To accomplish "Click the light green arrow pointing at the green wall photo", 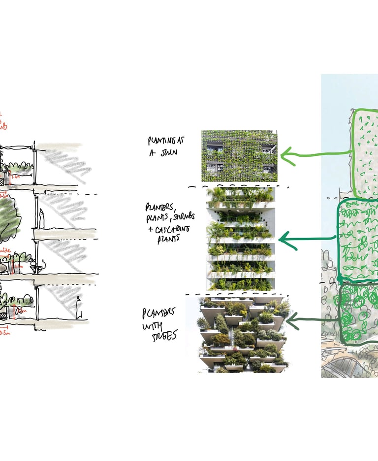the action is pos(315,155).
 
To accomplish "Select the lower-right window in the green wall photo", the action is pos(268,169).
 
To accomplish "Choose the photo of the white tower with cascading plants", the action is pos(240,238).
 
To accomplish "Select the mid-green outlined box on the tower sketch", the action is pos(358,240).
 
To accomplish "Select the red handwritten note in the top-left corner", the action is pos(3,121).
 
